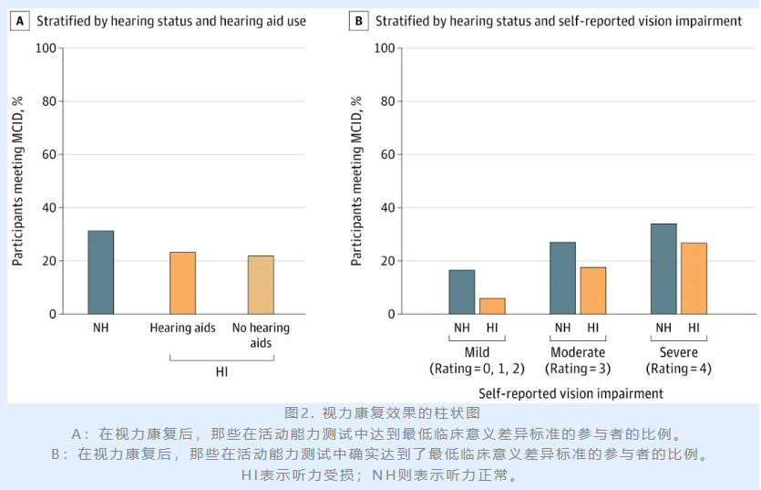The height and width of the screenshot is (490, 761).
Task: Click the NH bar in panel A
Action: pyautogui.click(x=100, y=272)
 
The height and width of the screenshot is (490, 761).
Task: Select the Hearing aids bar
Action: pyautogui.click(x=182, y=283)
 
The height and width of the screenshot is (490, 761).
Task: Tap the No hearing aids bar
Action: pyautogui.click(x=261, y=285)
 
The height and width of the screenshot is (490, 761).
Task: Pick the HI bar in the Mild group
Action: pyautogui.click(x=492, y=306)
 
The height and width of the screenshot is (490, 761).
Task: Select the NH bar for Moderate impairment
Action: pyautogui.click(x=562, y=278)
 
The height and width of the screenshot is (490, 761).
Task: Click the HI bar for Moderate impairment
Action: pyautogui.click(x=593, y=290)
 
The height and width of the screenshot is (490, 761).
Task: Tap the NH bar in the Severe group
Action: pyautogui.click(x=663, y=269)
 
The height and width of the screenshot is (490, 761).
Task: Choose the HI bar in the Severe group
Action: pyautogui.click(x=694, y=278)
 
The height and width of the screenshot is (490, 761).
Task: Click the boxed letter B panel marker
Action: pyautogui.click(x=359, y=21)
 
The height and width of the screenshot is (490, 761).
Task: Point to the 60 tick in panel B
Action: pyautogui.click(x=391, y=154)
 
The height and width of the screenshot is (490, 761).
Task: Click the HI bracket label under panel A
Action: pyautogui.click(x=221, y=372)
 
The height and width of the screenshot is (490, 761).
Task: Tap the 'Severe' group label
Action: pyautogui.click(x=678, y=353)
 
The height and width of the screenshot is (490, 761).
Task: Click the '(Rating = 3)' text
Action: pyautogui.click(x=578, y=370)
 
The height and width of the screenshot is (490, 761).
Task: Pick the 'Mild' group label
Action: pyautogui.click(x=476, y=353)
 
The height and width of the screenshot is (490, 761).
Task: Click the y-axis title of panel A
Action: pyautogui.click(x=17, y=180)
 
